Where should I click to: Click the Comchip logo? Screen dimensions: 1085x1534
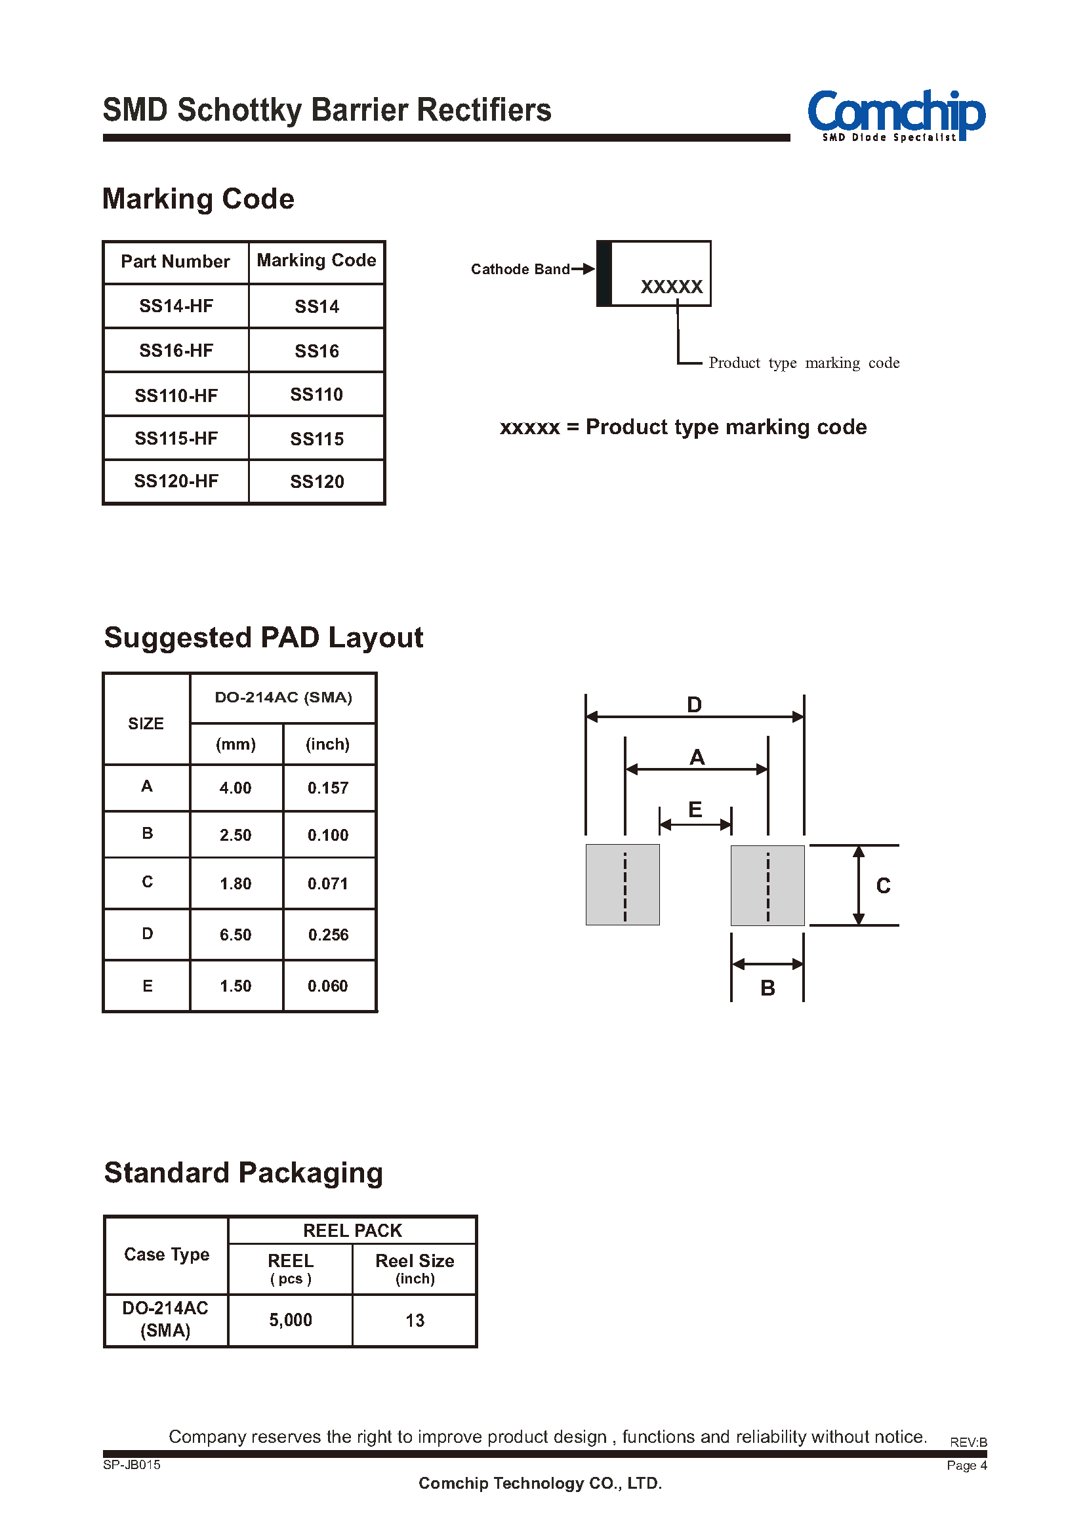[896, 115]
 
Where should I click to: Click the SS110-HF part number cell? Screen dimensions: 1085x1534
[176, 395]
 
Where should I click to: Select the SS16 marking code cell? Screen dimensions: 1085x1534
[317, 351]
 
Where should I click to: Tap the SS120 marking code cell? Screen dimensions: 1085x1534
[317, 482]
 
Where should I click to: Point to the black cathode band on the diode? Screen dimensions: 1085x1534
[604, 273]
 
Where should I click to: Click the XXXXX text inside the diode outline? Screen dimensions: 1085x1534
[672, 287]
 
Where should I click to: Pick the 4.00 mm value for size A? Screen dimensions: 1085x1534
[235, 788]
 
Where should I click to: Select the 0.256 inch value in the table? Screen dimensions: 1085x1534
[328, 935]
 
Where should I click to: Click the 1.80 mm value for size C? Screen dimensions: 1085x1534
[235, 883]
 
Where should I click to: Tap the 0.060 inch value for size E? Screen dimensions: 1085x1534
[327, 986]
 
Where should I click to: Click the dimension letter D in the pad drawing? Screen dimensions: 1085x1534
[695, 705]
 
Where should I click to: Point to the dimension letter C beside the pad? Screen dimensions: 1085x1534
[883, 886]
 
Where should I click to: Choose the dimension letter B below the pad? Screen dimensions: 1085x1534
[768, 988]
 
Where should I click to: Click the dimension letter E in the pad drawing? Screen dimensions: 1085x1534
[695, 810]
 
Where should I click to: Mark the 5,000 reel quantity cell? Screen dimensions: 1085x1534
[291, 1320]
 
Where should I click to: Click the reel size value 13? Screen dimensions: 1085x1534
[415, 1320]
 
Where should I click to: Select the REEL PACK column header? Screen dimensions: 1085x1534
[353, 1230]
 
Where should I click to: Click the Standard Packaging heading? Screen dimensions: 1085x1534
[244, 1173]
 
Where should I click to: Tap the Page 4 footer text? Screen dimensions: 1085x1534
[967, 1465]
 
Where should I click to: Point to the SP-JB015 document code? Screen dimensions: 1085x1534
[132, 1464]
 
